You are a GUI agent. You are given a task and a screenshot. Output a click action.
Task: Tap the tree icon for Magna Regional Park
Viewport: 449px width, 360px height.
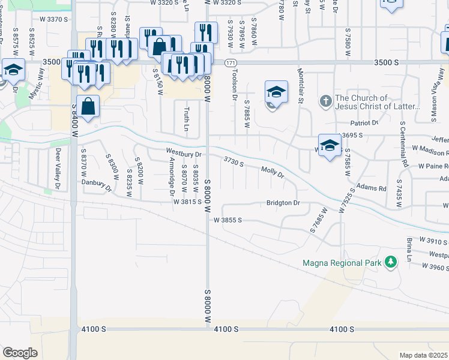(x=391, y=262)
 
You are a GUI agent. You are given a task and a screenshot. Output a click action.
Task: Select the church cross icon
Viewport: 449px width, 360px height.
(x=325, y=100)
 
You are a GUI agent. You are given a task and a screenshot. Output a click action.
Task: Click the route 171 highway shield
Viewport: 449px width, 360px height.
(x=232, y=62)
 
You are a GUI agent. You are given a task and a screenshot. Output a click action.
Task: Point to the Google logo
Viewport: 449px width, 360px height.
(x=20, y=353)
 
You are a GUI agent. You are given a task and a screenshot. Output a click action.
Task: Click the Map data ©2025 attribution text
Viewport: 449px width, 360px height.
(x=423, y=355)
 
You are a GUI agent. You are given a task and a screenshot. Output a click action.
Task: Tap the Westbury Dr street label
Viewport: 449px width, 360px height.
(x=184, y=154)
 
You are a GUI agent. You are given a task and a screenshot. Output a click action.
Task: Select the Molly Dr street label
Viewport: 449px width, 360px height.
(x=272, y=173)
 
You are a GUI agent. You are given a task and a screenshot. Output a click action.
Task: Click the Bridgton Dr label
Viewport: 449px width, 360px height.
(x=283, y=203)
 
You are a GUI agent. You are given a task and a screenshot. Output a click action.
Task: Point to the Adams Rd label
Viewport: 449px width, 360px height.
(x=371, y=188)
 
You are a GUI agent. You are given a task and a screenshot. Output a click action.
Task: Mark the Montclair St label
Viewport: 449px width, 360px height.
(x=300, y=86)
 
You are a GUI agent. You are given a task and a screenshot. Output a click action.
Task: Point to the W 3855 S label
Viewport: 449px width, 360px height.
(x=228, y=220)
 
